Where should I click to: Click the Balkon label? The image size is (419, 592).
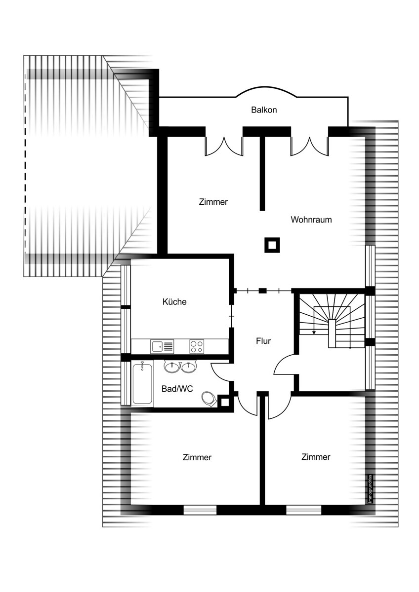click(x=264, y=110)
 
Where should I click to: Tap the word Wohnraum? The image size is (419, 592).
click(x=311, y=220)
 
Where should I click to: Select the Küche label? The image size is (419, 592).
click(x=174, y=301)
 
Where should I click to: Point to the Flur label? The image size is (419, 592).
click(x=263, y=341)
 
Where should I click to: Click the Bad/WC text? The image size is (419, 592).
click(x=177, y=389)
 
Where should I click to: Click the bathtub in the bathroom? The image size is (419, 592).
click(x=142, y=384)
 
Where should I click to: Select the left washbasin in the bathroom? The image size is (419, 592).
click(x=172, y=367)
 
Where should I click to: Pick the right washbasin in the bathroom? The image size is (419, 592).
click(x=189, y=367)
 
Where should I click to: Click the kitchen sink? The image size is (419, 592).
click(x=162, y=346)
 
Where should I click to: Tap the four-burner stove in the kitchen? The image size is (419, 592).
click(x=197, y=346)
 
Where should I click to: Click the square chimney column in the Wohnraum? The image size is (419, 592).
click(x=272, y=245)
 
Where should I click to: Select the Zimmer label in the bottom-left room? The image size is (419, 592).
click(x=197, y=457)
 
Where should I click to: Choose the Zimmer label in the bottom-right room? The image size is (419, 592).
click(x=316, y=457)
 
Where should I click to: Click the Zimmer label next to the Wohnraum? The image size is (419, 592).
click(x=213, y=202)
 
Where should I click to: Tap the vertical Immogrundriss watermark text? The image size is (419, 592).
click(x=370, y=489)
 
